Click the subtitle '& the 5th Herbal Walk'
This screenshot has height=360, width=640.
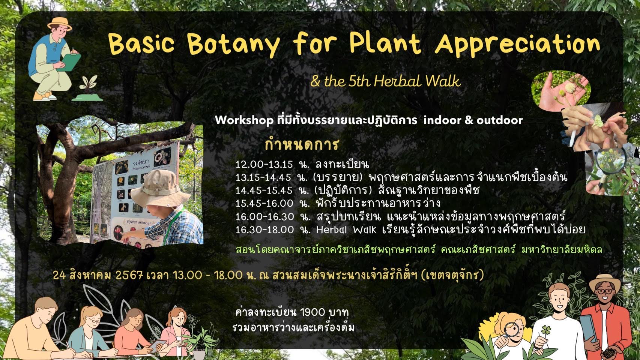coord(385,81)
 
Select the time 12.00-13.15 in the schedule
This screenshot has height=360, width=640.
coord(264,165)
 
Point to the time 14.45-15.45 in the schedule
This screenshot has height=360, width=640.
coord(264,190)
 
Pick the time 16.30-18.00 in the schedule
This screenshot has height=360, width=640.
coord(264,230)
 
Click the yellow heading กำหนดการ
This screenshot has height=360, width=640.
coord(302,144)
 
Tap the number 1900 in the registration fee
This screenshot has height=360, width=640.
coord(309,313)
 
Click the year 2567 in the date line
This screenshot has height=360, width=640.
coord(129,275)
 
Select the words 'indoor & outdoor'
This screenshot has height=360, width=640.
coord(473,120)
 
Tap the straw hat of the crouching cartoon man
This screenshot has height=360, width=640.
coord(59,24)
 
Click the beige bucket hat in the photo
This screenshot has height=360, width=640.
coord(160,189)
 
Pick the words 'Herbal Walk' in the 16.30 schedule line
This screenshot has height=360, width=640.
coord(346,230)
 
